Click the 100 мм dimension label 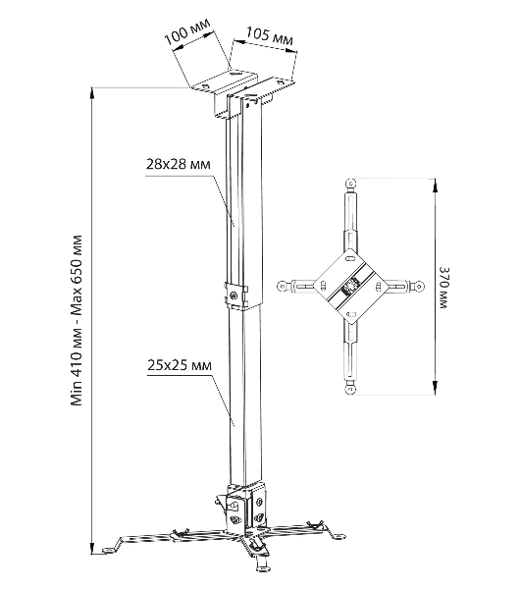click(187, 31)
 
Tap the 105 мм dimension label click(270, 36)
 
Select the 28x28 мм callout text click(178, 164)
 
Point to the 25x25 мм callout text click(179, 365)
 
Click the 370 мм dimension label click(443, 288)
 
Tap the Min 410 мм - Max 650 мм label click(77, 320)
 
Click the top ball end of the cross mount click(350, 184)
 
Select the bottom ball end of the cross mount click(350, 389)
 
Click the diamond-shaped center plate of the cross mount click(350, 287)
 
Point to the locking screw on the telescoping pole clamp click(234, 294)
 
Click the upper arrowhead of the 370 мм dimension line click(435, 185)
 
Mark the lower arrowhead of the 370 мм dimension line click(435, 388)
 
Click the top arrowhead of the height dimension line click(92, 94)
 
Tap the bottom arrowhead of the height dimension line click(92, 547)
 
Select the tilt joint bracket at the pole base click(246, 508)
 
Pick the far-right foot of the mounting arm click(339, 537)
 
